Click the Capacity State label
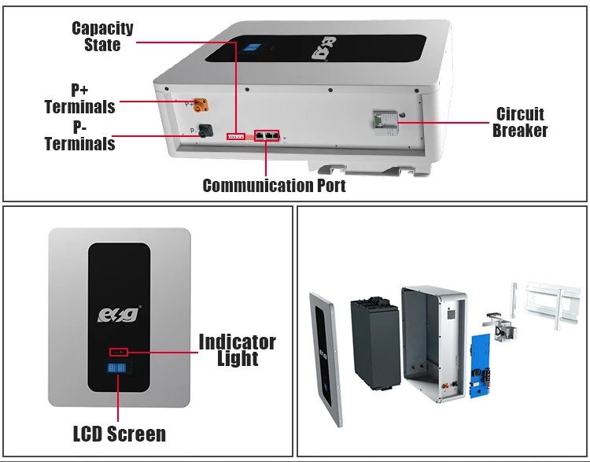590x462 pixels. [x=102, y=37]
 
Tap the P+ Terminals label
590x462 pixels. [x=79, y=98]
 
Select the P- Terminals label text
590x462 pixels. [x=79, y=135]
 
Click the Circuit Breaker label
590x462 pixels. [x=520, y=122]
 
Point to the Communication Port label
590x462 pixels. [x=274, y=186]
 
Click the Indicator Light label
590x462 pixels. [x=237, y=350]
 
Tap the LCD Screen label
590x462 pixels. [x=119, y=434]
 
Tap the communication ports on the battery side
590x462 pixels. [x=267, y=135]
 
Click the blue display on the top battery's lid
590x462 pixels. [x=252, y=46]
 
